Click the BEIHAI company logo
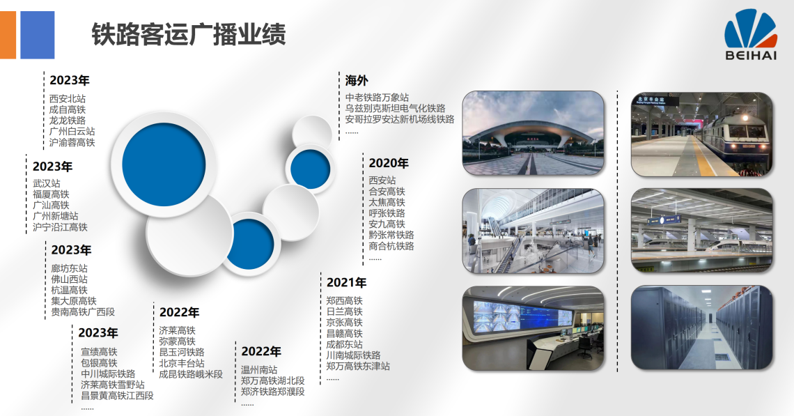(750, 34)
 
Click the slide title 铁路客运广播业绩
(188, 34)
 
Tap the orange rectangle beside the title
(8, 35)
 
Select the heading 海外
(357, 80)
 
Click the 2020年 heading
(389, 163)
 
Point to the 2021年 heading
(346, 282)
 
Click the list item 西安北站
(68, 98)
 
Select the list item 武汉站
(47, 183)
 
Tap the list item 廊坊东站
(70, 268)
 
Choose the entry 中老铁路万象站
(377, 98)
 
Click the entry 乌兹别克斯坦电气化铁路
(396, 108)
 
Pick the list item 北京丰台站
(182, 363)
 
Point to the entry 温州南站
(259, 370)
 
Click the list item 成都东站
(344, 344)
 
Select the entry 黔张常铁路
(391, 235)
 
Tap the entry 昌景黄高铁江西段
(118, 395)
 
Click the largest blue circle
(164, 162)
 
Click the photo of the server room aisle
(702, 328)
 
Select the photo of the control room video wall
(534, 328)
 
